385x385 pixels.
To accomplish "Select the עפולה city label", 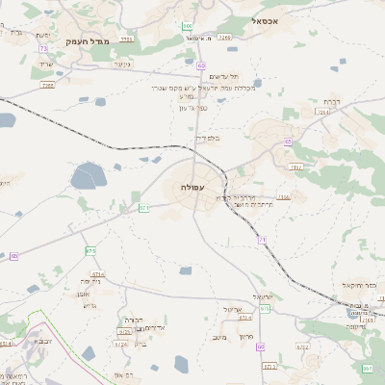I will pos(191,187).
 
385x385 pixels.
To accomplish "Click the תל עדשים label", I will pos(222,78).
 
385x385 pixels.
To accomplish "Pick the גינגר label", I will pos(121,64).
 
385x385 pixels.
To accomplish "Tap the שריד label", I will pos(46,64).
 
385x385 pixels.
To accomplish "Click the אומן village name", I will pos(83,295).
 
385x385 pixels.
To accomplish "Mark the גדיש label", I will pos(90,305).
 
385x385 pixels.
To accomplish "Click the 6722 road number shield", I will pos(302,346).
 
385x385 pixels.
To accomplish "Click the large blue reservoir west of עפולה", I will pos(89,175).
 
